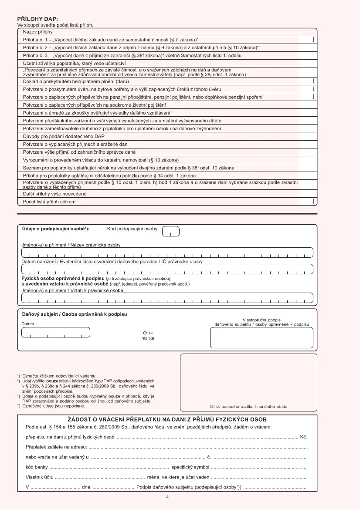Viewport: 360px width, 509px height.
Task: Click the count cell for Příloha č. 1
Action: (x=309, y=40)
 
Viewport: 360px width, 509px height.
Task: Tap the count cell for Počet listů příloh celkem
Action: (x=309, y=202)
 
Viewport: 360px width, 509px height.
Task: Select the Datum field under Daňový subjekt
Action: (x=56, y=332)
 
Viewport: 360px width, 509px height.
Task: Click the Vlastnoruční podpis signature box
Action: (x=262, y=337)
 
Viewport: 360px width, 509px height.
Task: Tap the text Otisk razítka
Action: (x=148, y=335)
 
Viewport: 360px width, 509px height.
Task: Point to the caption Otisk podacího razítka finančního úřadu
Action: (x=248, y=406)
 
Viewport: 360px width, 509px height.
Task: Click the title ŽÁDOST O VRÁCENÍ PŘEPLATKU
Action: (x=167, y=419)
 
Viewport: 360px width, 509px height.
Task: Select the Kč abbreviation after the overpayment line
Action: (x=304, y=436)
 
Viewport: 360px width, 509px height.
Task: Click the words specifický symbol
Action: (x=190, y=467)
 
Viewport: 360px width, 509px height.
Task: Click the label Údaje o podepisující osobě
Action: (x=55, y=229)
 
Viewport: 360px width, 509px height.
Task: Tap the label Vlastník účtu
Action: (x=40, y=477)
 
